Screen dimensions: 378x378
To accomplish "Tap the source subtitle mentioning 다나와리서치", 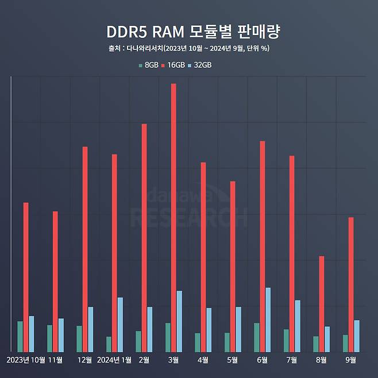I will pyautogui.click(x=189, y=48).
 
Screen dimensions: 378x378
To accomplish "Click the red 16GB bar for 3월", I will pyautogui.click(x=173, y=218).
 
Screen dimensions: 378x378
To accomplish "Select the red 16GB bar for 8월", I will pyautogui.click(x=322, y=304).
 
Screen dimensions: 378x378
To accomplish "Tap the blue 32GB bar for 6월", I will pyautogui.click(x=268, y=319).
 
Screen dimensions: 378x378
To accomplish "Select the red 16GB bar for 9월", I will pyautogui.click(x=351, y=284).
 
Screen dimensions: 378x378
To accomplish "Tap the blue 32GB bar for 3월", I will pyautogui.click(x=179, y=321).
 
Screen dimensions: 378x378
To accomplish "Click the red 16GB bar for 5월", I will pyautogui.click(x=233, y=267).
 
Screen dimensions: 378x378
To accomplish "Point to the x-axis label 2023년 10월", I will pyautogui.click(x=26, y=360).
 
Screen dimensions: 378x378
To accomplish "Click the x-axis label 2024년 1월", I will pyautogui.click(x=115, y=360).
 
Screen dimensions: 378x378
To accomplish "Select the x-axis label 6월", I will pyautogui.click(x=262, y=360).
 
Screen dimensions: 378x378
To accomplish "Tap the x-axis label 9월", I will pyautogui.click(x=350, y=360).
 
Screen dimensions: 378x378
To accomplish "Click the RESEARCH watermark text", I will pyautogui.click(x=189, y=217).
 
